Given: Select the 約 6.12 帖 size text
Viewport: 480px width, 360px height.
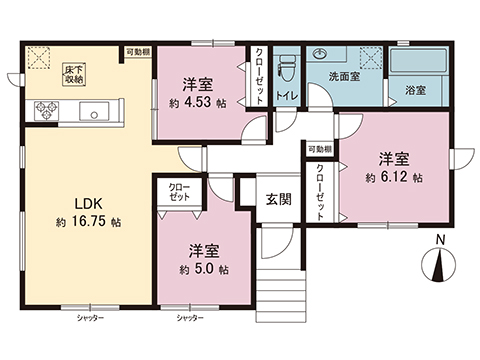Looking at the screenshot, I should tap(393, 177).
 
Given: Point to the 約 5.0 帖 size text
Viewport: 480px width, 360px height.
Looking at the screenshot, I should tap(203, 269).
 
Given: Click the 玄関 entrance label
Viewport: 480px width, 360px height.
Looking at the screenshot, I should tap(279, 198).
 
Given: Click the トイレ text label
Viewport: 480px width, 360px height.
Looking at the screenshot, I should tap(284, 96).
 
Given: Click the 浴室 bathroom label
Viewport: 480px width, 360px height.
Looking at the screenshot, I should tap(414, 89).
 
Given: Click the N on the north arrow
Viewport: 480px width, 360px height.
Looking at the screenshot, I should tap(441, 241).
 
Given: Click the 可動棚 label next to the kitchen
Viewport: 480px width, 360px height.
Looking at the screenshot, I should tap(137, 51).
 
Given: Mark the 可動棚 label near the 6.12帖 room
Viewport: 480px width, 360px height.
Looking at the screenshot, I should tap(319, 147).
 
